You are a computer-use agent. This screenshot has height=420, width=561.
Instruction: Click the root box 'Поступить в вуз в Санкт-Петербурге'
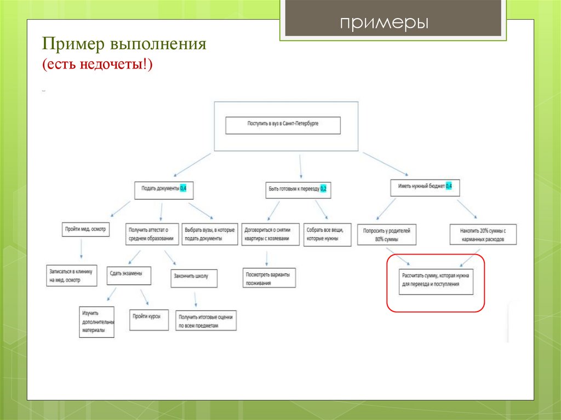(x=283, y=125)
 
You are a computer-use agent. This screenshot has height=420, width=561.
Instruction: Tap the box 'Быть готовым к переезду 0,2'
(x=299, y=189)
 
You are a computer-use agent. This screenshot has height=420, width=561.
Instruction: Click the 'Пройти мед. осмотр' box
(x=85, y=229)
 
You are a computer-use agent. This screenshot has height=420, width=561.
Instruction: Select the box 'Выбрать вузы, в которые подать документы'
(x=209, y=234)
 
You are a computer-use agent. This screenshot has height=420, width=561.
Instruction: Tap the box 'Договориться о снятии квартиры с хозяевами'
(x=270, y=234)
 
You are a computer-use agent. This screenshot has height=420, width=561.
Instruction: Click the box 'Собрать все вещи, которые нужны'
(x=328, y=234)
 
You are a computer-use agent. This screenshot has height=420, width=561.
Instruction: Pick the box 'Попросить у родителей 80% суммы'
(x=386, y=234)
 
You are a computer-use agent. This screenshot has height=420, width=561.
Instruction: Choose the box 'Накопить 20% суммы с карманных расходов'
(x=477, y=234)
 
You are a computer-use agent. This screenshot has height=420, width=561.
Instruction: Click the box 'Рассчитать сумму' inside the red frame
(x=436, y=281)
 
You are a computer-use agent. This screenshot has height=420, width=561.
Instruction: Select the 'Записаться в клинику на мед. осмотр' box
(x=72, y=275)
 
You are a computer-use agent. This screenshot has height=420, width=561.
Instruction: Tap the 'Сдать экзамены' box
(x=129, y=274)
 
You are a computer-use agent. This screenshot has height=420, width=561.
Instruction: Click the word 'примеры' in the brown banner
(x=383, y=22)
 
